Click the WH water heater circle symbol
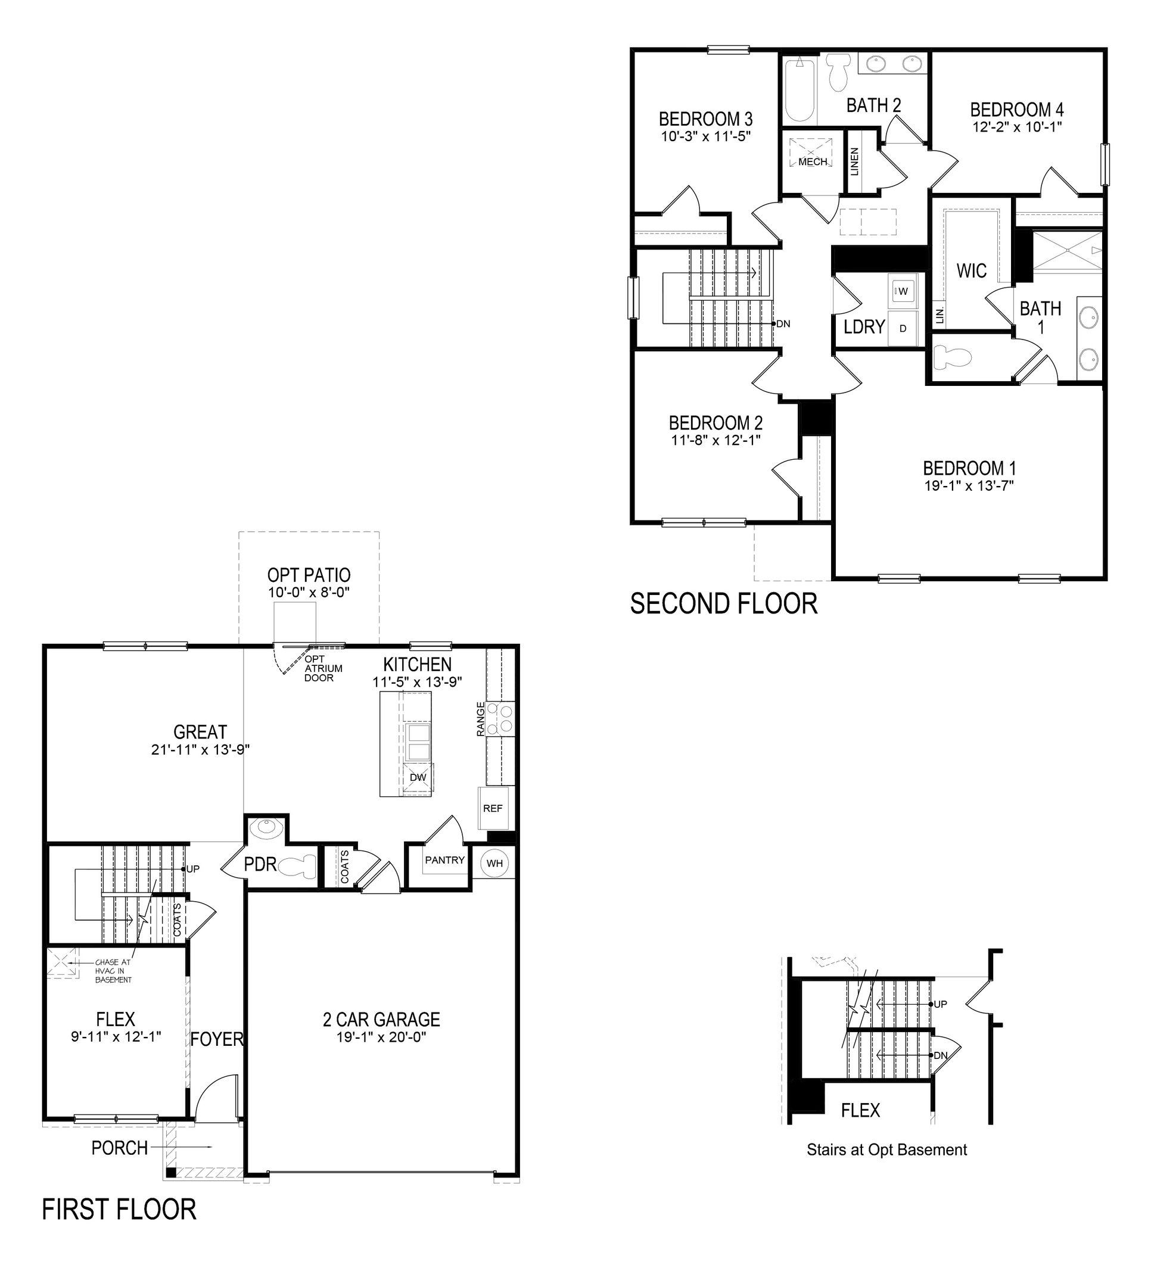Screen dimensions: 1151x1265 [494, 864]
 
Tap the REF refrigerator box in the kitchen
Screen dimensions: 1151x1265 [493, 808]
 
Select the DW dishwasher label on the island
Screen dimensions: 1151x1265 [418, 777]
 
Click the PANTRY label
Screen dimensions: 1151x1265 [444, 860]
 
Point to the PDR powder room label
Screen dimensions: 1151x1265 [260, 865]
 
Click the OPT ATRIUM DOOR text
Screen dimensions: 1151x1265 [319, 669]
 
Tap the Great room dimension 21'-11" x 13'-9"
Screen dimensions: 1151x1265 [200, 749]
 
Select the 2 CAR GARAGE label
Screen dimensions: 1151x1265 [381, 1020]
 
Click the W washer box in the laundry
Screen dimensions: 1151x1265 [903, 291]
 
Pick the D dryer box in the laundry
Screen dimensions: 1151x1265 [903, 328]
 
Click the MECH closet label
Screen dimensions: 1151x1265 [813, 162]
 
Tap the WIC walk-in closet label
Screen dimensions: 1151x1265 [972, 271]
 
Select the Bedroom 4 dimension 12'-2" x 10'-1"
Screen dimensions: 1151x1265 [1017, 127]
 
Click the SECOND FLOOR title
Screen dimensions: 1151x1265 [724, 604]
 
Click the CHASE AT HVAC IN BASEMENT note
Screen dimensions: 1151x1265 [114, 971]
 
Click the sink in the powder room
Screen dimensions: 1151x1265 [266, 828]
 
